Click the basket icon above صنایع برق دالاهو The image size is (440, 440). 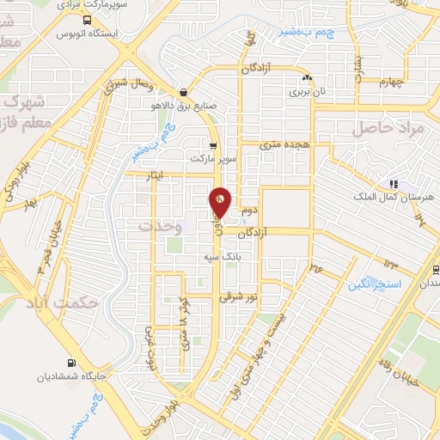pyautogui.click(x=184, y=93)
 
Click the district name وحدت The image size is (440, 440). pyautogui.click(x=161, y=225)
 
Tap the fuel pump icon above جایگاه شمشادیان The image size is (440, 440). pyautogui.click(x=72, y=363)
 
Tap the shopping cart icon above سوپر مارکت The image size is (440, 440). pyautogui.click(x=213, y=146)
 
